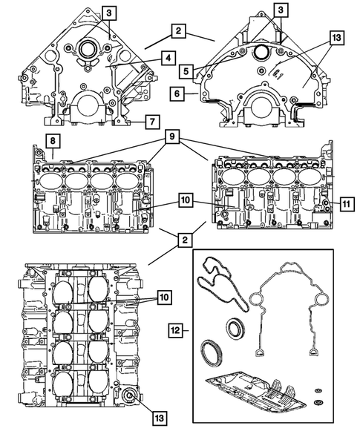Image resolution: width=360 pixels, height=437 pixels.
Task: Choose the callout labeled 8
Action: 54,141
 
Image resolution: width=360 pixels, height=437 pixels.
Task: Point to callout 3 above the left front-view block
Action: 109,13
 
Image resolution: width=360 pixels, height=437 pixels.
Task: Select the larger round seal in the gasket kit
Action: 212,349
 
